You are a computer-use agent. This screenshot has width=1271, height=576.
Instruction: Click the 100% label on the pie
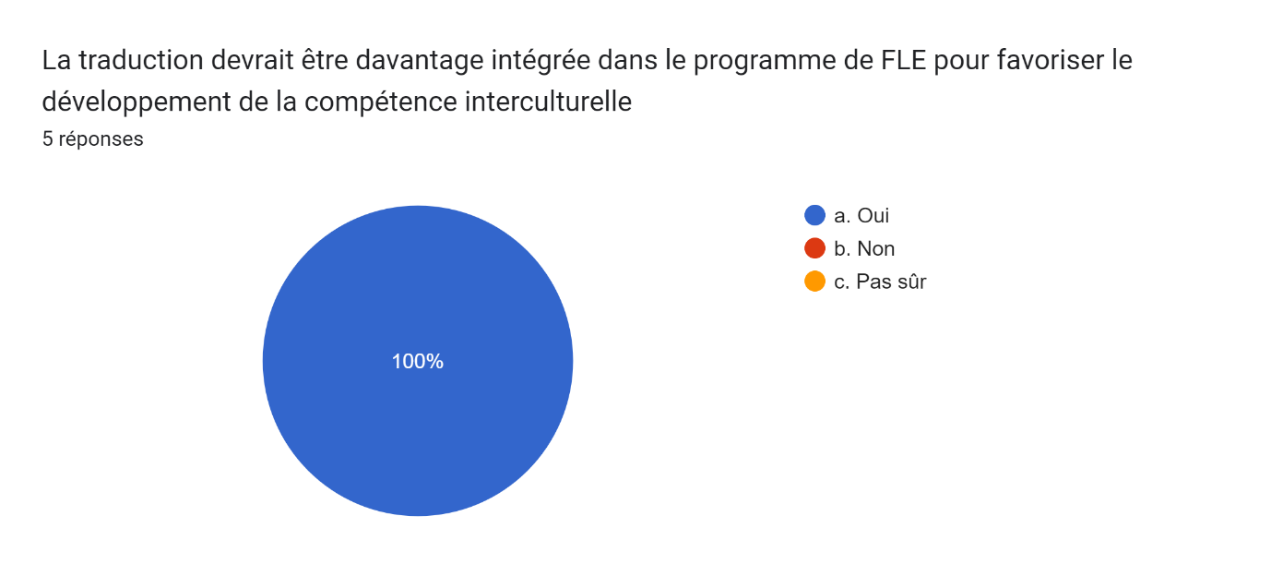click(418, 362)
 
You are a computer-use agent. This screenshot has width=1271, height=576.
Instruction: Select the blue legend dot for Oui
click(814, 215)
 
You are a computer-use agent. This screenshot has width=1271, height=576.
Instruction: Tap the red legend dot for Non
click(814, 248)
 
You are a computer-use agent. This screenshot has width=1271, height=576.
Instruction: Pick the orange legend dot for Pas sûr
click(814, 282)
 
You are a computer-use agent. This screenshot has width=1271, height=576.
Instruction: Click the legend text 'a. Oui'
click(861, 215)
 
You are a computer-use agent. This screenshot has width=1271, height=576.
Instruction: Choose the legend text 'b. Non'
click(864, 248)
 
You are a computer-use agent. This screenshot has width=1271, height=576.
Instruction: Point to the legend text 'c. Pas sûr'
click(880, 282)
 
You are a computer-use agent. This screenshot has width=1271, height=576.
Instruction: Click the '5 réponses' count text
click(92, 139)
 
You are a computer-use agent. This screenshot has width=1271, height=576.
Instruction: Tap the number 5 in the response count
click(48, 139)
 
